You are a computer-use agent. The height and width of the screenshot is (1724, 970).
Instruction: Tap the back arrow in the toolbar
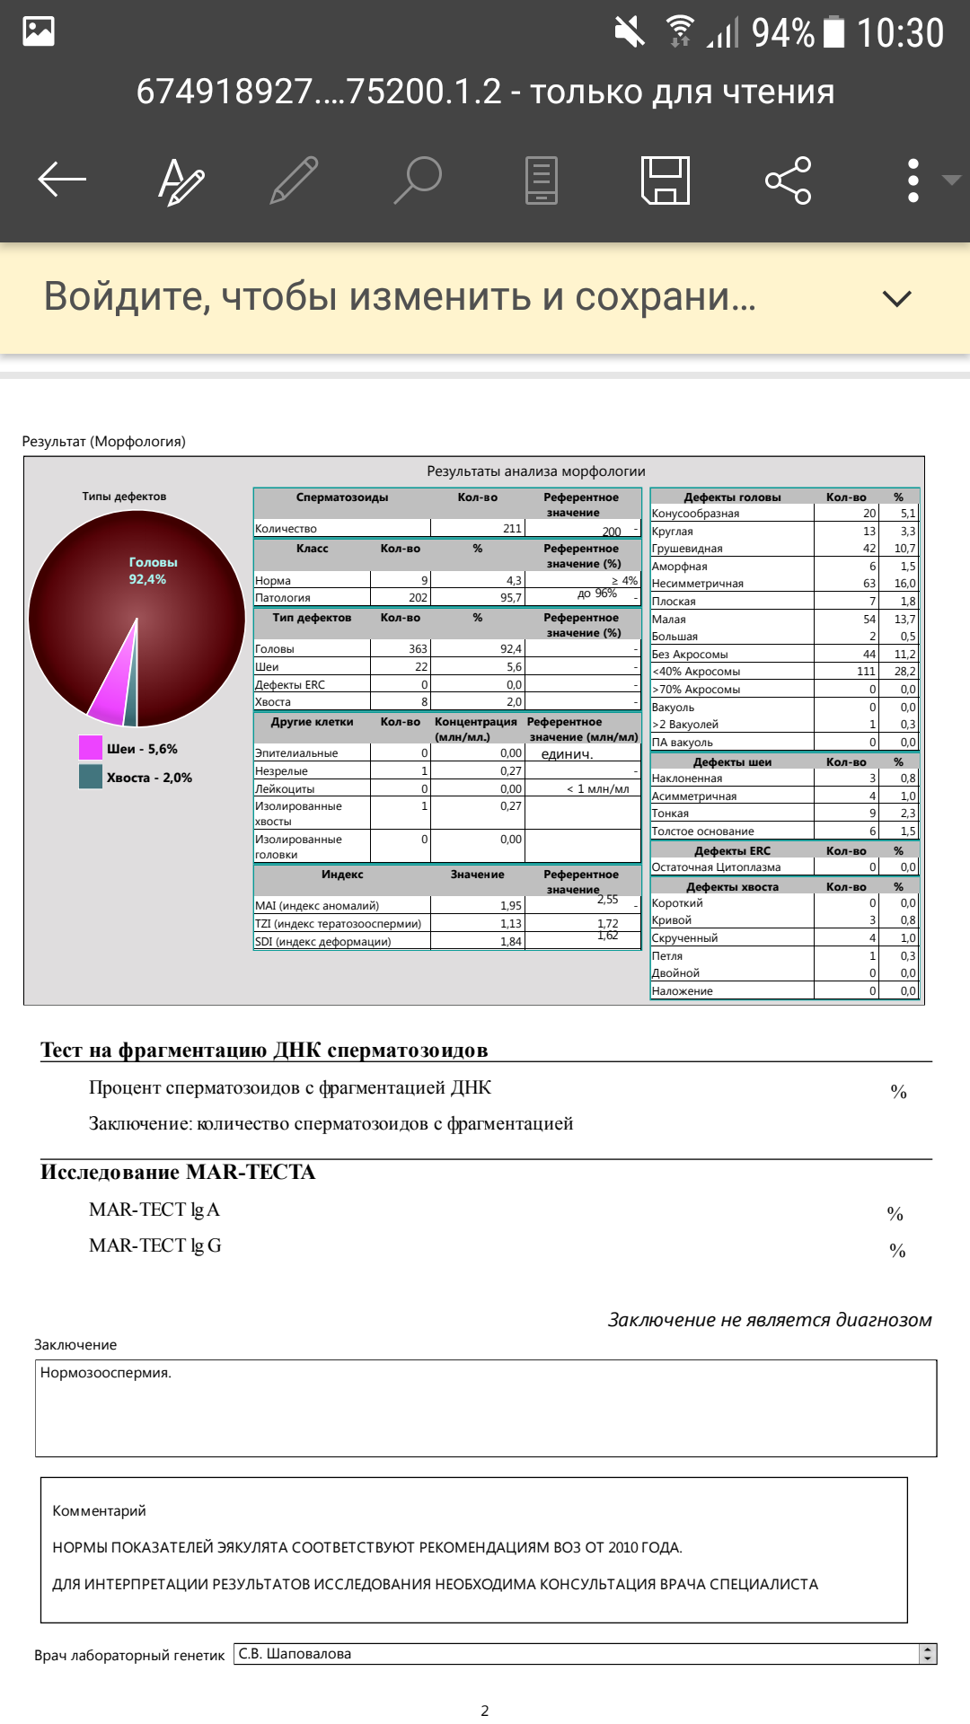(62, 180)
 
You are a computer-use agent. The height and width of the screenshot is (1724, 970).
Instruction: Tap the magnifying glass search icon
(419, 180)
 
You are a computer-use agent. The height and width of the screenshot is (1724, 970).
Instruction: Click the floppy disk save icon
(666, 180)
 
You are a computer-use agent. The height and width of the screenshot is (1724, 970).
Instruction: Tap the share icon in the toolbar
(789, 180)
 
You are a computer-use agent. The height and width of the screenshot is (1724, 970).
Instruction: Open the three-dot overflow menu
(913, 180)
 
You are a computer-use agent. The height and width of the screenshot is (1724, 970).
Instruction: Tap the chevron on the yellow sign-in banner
(897, 298)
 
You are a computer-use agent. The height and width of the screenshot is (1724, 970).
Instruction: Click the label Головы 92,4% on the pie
(153, 571)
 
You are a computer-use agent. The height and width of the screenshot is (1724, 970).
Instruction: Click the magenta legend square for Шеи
(91, 748)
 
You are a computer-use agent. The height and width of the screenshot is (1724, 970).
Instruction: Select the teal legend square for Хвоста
(91, 777)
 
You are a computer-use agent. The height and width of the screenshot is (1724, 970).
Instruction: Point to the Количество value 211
(512, 529)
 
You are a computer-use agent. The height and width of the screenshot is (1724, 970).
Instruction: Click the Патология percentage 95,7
(511, 598)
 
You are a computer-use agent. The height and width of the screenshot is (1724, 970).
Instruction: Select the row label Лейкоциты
(285, 789)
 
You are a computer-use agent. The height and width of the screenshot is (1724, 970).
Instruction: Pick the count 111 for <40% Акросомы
(866, 672)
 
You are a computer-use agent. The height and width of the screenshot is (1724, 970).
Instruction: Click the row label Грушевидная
(687, 549)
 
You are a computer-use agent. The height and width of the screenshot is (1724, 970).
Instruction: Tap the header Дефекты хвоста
(732, 887)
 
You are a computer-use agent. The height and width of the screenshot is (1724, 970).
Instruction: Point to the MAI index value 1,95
(511, 906)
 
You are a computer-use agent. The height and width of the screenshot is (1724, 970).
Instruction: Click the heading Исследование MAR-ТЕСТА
(178, 1173)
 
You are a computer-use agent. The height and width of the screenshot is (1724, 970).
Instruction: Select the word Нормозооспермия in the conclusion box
(105, 1373)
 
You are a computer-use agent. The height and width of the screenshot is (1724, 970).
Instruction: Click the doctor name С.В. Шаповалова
(295, 1654)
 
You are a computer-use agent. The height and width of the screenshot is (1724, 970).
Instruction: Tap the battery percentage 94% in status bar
(782, 33)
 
